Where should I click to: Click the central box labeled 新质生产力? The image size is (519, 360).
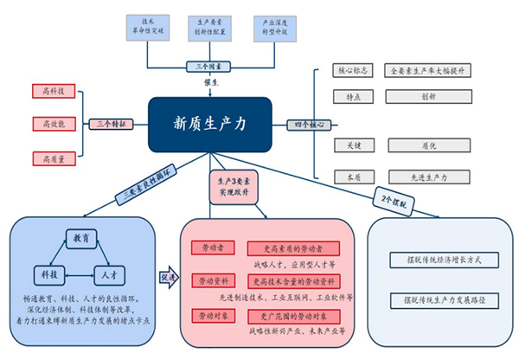(x=210, y=124)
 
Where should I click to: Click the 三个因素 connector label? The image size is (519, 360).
(x=207, y=66)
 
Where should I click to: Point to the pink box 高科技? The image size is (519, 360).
(x=53, y=90)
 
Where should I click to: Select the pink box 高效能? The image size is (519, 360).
(x=53, y=124)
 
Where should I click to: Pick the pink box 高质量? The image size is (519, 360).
(x=53, y=157)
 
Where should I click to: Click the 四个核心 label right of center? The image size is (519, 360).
(x=309, y=125)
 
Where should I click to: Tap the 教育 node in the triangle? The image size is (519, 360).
(x=80, y=236)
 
